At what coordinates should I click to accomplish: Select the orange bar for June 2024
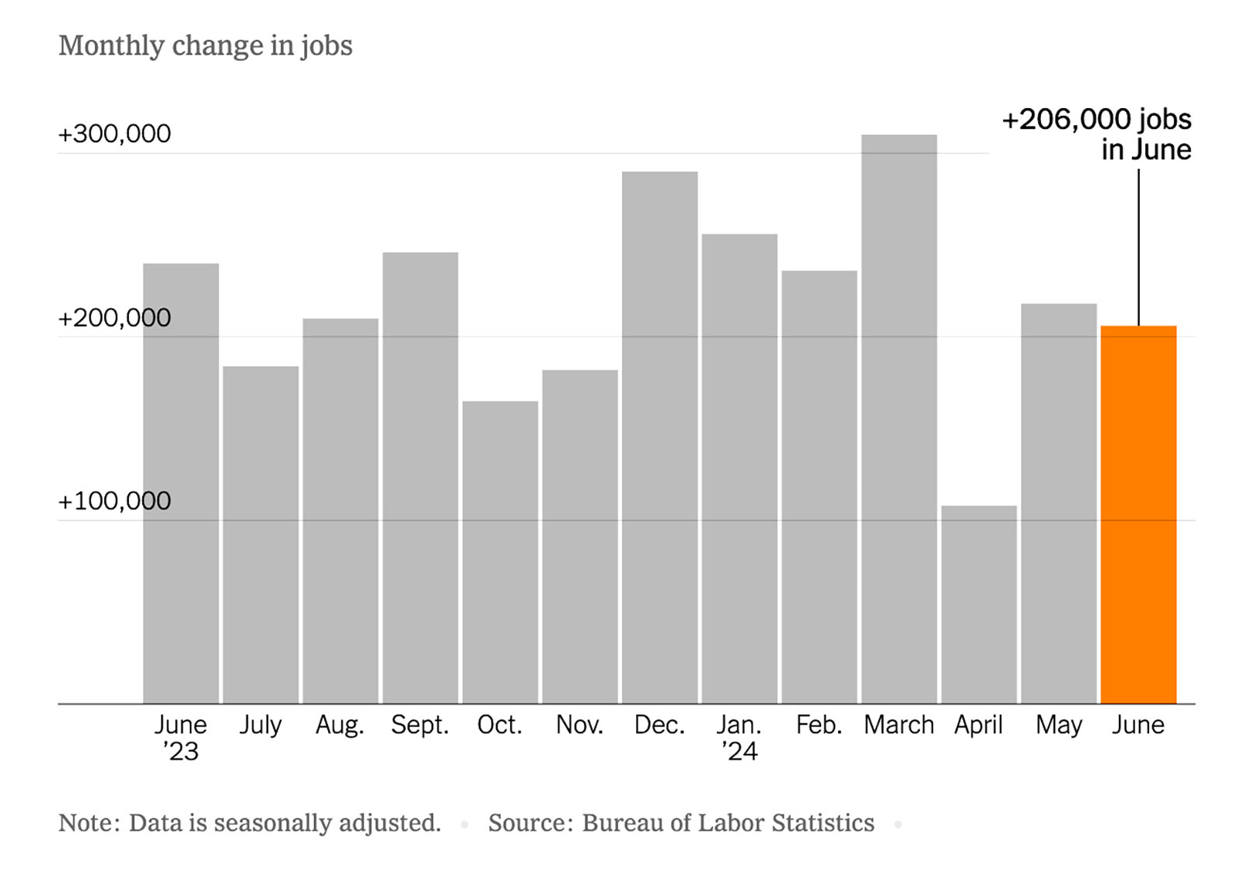(1138, 514)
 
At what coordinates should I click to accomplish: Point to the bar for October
(500, 552)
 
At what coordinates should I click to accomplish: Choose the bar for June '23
(181, 483)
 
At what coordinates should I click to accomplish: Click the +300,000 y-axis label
(114, 134)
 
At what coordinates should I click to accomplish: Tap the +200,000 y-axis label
(114, 317)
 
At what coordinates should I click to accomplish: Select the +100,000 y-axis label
(114, 501)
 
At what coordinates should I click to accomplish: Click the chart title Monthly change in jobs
(205, 46)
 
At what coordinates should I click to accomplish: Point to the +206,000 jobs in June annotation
(1096, 134)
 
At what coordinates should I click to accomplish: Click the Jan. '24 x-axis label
(739, 737)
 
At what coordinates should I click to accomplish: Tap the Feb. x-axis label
(819, 725)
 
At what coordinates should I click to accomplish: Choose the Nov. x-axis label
(579, 725)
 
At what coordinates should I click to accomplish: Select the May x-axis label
(1058, 725)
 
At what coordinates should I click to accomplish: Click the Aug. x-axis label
(340, 725)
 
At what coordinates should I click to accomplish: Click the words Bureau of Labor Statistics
(728, 822)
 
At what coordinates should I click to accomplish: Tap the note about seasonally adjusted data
(250, 822)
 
